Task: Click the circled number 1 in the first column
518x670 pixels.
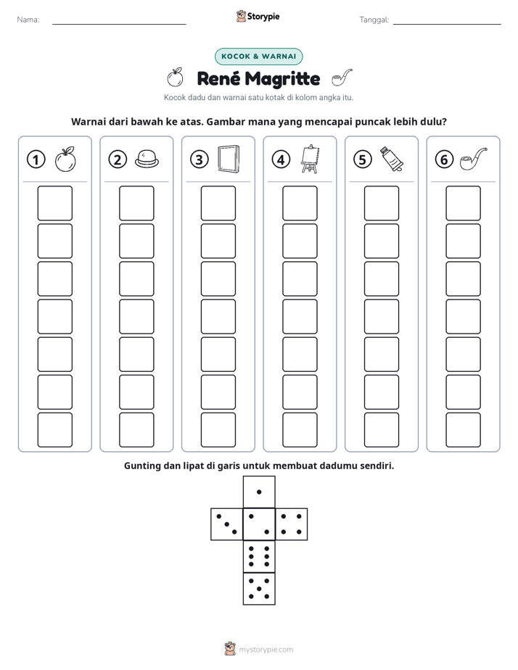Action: click(36, 160)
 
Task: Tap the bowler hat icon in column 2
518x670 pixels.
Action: click(147, 159)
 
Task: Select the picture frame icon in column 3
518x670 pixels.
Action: click(229, 159)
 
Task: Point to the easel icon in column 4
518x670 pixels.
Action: click(311, 159)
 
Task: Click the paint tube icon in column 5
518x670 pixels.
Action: click(392, 159)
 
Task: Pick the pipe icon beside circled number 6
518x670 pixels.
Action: click(474, 159)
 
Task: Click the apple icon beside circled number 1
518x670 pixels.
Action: click(65, 160)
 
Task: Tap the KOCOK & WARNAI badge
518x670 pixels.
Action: click(258, 57)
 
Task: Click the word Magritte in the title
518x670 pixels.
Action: click(283, 79)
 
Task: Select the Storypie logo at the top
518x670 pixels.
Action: click(258, 17)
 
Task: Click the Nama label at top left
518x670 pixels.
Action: click(28, 20)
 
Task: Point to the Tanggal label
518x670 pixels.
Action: click(374, 20)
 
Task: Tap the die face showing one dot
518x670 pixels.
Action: click(259, 492)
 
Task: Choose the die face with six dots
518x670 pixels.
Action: click(259, 556)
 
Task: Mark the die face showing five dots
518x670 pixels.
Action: click(259, 588)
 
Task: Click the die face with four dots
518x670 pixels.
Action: click(292, 524)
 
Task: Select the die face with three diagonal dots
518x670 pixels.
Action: click(227, 524)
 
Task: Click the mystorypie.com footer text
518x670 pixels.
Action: click(266, 650)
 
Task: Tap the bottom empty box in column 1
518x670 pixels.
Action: click(54, 430)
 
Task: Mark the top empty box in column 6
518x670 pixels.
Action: click(464, 203)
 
